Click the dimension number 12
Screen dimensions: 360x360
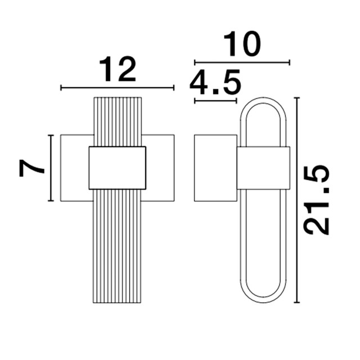118,69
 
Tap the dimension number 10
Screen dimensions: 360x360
242,44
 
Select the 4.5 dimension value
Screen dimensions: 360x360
215,82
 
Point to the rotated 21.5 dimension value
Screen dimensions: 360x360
316,200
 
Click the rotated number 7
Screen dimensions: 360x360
31,168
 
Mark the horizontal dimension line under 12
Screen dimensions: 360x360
118,88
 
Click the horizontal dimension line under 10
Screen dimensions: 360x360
242,62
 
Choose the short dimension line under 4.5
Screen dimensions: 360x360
215,101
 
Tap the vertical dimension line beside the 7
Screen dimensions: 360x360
51,168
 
